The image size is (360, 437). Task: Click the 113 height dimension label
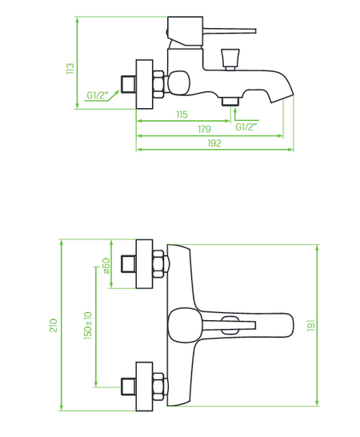pos(70,69)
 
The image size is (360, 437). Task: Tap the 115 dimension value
pos(182,114)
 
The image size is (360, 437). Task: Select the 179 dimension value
pos(204,129)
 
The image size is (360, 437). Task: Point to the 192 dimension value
pos(214,143)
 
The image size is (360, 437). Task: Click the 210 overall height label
pos(54,325)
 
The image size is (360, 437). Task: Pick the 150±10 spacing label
pos(87,326)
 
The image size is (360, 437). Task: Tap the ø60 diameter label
pos(106,266)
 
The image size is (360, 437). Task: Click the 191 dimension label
pos(310,326)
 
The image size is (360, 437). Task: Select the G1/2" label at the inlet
pos(98,95)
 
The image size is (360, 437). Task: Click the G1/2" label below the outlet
pos(246,126)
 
